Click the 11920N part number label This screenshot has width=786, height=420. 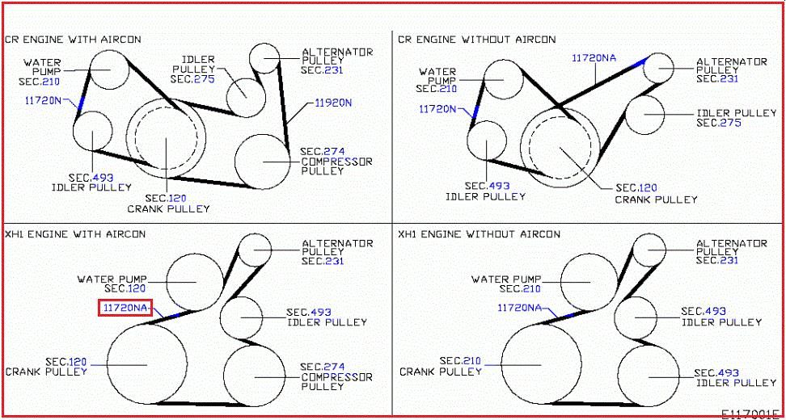(333, 103)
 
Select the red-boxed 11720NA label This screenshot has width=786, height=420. (125, 308)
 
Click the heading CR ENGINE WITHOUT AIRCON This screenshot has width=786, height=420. (477, 39)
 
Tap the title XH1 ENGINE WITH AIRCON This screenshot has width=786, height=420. (75, 233)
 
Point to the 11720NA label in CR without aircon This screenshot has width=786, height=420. (594, 58)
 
